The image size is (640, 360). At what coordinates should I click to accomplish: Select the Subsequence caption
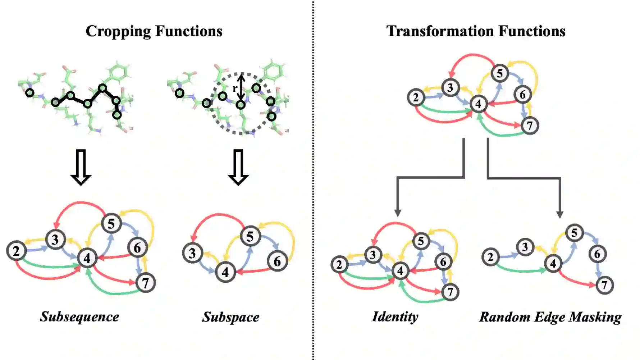[79, 317]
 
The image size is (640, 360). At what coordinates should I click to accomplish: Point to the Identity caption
[395, 317]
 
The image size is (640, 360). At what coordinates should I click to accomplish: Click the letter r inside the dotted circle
[235, 88]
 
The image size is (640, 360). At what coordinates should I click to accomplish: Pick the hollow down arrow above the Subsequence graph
[81, 167]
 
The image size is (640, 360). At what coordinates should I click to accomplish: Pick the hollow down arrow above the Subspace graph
[238, 167]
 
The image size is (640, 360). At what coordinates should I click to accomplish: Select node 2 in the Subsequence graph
[16, 251]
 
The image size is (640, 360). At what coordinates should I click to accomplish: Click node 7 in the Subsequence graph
[146, 283]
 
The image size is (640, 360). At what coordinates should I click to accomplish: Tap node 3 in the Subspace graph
[192, 253]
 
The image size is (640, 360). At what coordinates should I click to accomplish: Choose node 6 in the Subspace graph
[277, 261]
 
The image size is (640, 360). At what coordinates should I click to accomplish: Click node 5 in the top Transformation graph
[499, 73]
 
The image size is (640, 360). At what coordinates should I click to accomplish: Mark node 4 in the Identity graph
[400, 271]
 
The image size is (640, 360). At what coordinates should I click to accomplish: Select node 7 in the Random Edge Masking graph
[604, 285]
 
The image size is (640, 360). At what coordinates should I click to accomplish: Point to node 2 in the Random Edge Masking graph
[490, 257]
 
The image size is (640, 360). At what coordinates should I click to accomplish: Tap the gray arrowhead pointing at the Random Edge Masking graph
[560, 214]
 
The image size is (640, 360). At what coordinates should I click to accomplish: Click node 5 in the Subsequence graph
[111, 223]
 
